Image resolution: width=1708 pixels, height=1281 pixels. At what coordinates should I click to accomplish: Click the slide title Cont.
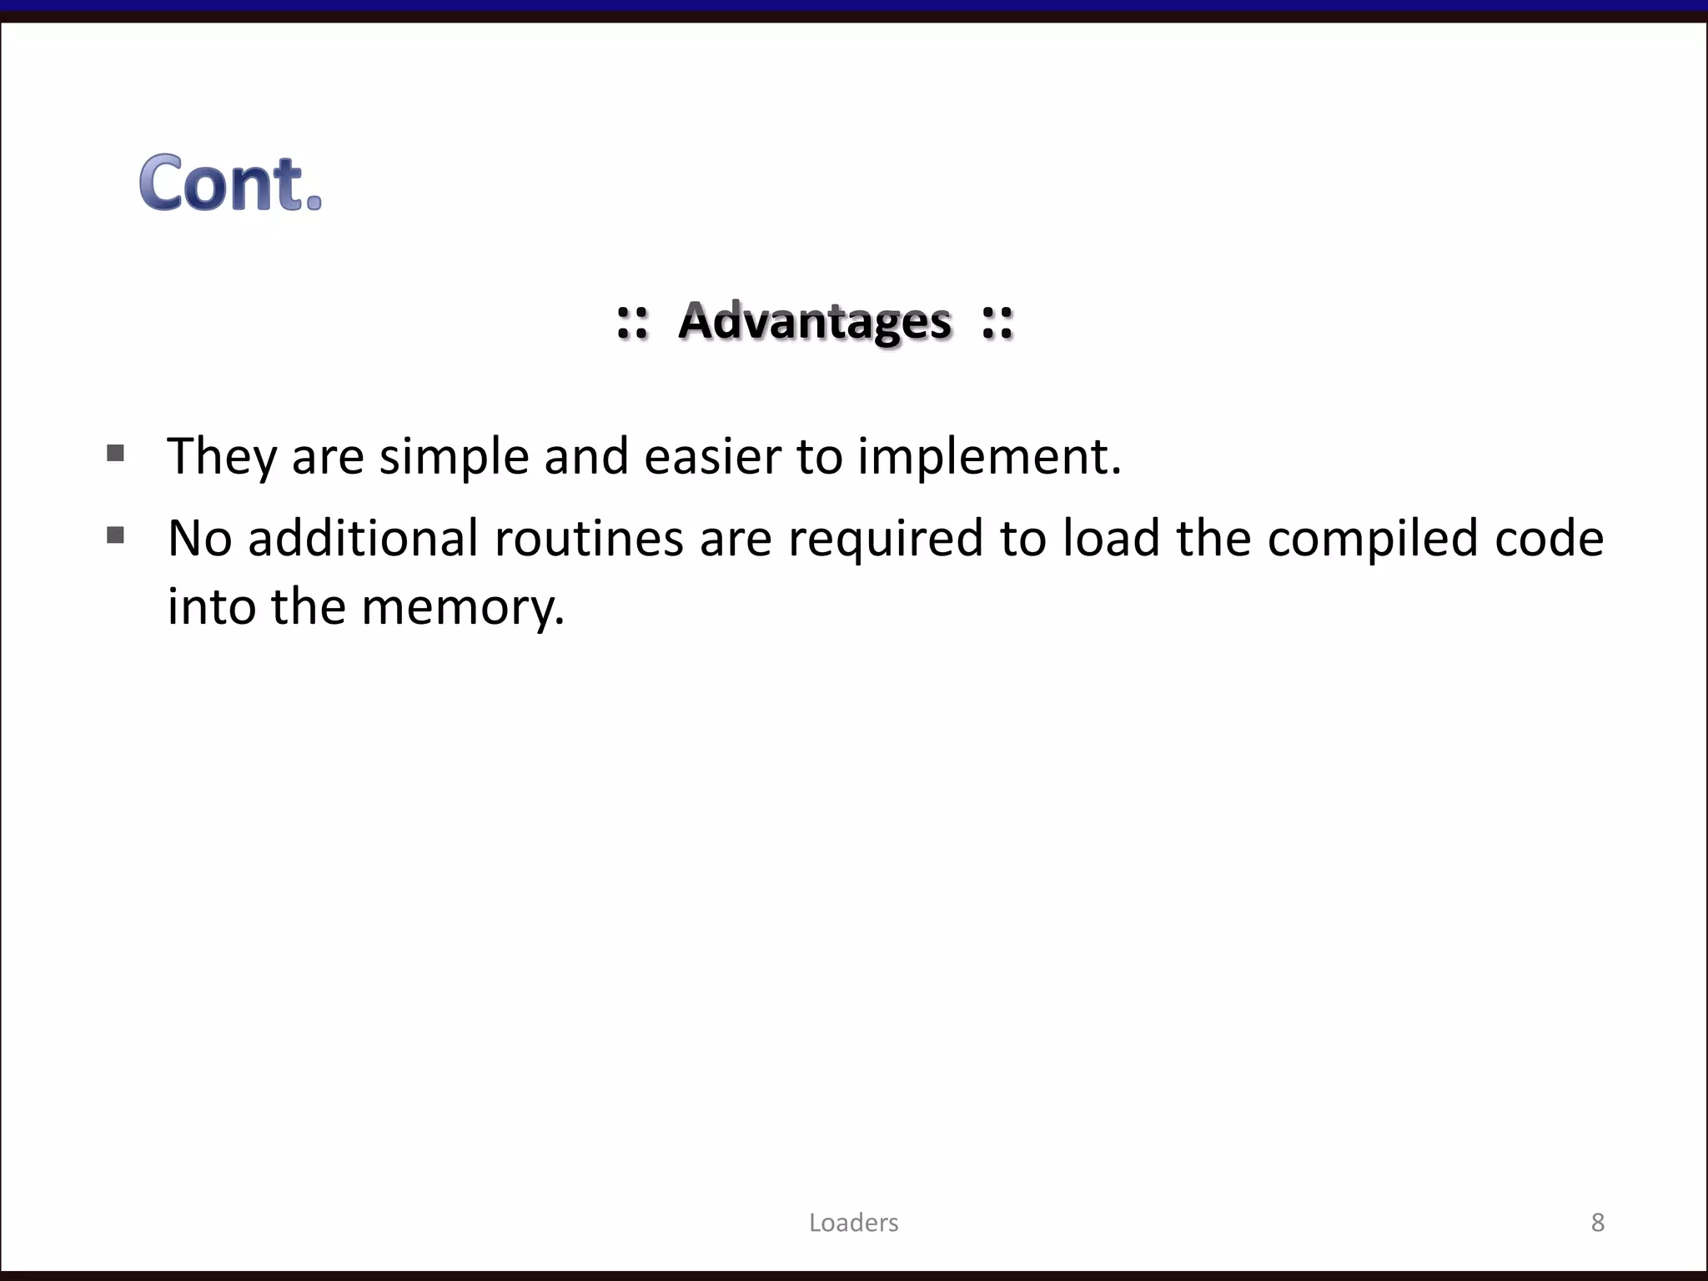point(230,183)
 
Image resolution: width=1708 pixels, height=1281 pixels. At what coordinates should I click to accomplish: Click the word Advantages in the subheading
point(814,321)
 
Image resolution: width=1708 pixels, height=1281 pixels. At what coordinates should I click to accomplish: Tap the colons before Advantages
point(632,322)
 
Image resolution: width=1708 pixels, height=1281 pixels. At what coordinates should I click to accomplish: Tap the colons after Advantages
point(997,322)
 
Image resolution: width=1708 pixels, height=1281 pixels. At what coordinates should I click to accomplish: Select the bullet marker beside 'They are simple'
point(116,454)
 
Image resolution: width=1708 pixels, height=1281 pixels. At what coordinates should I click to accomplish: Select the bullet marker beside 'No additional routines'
point(116,535)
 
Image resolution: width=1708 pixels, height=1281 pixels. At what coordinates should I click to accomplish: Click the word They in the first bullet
point(221,456)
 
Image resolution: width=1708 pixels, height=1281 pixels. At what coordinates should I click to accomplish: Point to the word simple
point(454,456)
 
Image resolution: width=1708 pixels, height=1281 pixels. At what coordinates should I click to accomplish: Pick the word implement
point(988,456)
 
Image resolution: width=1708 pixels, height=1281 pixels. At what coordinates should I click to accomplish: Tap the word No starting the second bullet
point(199,538)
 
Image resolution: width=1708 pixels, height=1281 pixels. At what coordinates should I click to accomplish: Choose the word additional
point(363,538)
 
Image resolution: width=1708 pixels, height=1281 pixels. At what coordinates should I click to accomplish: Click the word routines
point(589,538)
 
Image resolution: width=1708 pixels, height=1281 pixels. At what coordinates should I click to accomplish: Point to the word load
point(1111,538)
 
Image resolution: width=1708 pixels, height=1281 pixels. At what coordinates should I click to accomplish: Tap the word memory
point(463,606)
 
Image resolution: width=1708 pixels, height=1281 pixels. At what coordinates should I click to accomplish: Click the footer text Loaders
point(853,1223)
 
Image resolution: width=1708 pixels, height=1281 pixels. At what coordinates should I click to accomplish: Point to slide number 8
point(1597,1223)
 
